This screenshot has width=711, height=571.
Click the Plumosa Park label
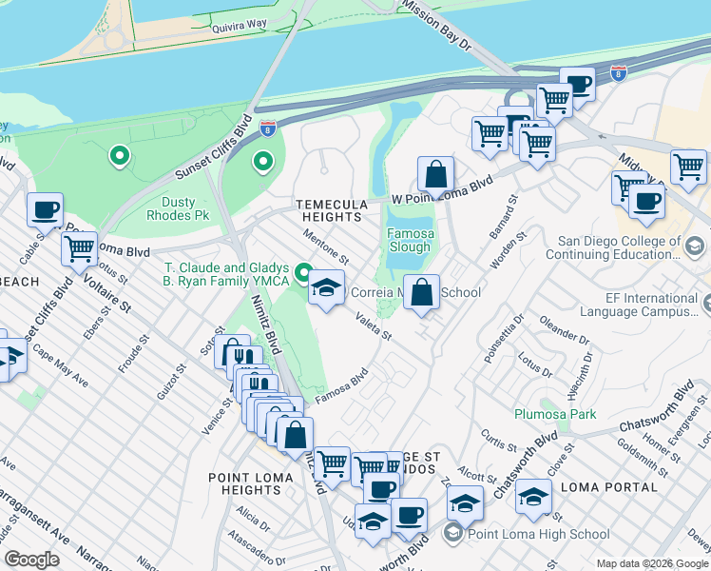[x=555, y=414]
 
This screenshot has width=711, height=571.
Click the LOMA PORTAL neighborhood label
[x=609, y=486]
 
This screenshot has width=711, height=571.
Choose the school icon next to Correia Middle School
[x=325, y=288]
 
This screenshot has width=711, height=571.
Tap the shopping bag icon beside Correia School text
[x=421, y=292]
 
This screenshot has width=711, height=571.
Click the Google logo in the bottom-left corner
[x=32, y=560]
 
